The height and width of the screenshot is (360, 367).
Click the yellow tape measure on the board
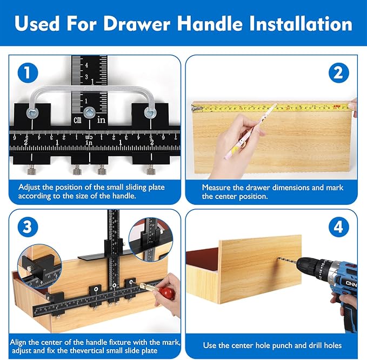point(270,108)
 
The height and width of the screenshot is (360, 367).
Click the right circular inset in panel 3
point(151,237)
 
